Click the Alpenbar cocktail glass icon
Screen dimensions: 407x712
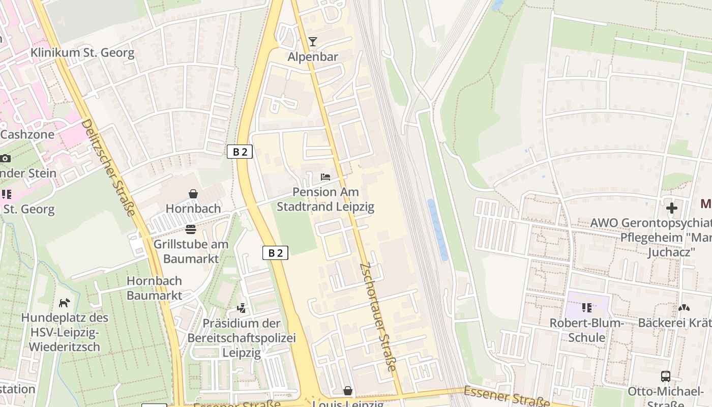313,42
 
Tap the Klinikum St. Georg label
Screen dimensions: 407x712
82,53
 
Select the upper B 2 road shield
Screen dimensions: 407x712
240,152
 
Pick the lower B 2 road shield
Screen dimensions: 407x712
275,252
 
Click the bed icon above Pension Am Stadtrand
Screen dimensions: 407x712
325,177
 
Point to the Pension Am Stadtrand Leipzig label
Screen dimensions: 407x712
325,199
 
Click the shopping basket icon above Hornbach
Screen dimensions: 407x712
193,194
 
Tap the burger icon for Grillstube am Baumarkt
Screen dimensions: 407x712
191,229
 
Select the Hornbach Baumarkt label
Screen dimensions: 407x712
154,288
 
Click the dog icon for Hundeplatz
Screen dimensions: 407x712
64,303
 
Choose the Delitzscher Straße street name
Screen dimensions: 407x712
108,168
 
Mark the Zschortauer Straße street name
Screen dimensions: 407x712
378,316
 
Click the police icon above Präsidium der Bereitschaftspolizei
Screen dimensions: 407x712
242,308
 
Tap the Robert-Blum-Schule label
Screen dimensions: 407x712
586,330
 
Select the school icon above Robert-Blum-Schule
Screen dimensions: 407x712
587,308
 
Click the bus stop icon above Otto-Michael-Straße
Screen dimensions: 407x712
665,376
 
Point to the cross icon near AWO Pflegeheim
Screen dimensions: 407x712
672,208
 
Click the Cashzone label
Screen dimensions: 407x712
27,135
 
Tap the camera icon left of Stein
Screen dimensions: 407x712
5,158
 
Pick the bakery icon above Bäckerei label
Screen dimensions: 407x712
684,308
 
